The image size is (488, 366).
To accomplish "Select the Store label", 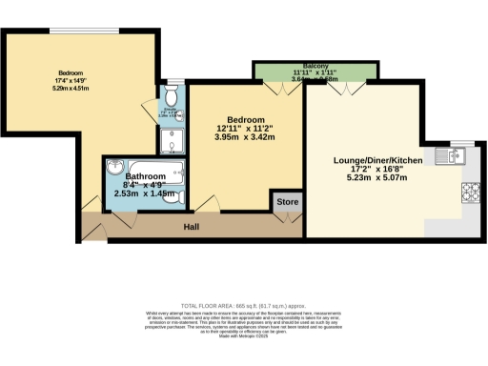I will click(x=287, y=203).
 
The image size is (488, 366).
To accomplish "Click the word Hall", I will click(x=191, y=227).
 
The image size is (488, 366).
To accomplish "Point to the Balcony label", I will click(x=299, y=66).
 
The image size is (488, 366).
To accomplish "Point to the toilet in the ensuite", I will click(x=170, y=96).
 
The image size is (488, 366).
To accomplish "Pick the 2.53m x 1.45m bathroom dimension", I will click(x=144, y=193).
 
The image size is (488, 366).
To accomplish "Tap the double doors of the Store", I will click(x=287, y=219).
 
